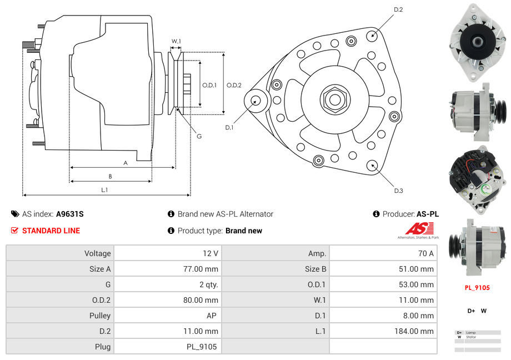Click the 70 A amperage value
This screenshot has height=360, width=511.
(425, 253)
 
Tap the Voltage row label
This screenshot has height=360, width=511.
(98, 253)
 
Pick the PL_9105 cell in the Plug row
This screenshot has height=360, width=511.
(202, 347)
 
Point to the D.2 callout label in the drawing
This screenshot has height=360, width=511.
(398, 9)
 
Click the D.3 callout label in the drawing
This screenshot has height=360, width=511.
(398, 191)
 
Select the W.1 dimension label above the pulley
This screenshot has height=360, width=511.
(176, 42)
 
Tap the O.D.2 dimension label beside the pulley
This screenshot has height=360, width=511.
(234, 85)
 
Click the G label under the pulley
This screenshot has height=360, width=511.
(199, 136)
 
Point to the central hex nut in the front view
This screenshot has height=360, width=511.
(335, 99)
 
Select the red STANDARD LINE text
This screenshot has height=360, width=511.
(51, 231)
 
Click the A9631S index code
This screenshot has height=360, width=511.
(70, 214)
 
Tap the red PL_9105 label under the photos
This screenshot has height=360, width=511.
(477, 288)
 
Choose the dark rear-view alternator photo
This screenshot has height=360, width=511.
(477, 179)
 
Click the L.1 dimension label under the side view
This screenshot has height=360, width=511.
(104, 191)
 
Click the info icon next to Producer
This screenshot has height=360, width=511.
(376, 214)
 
